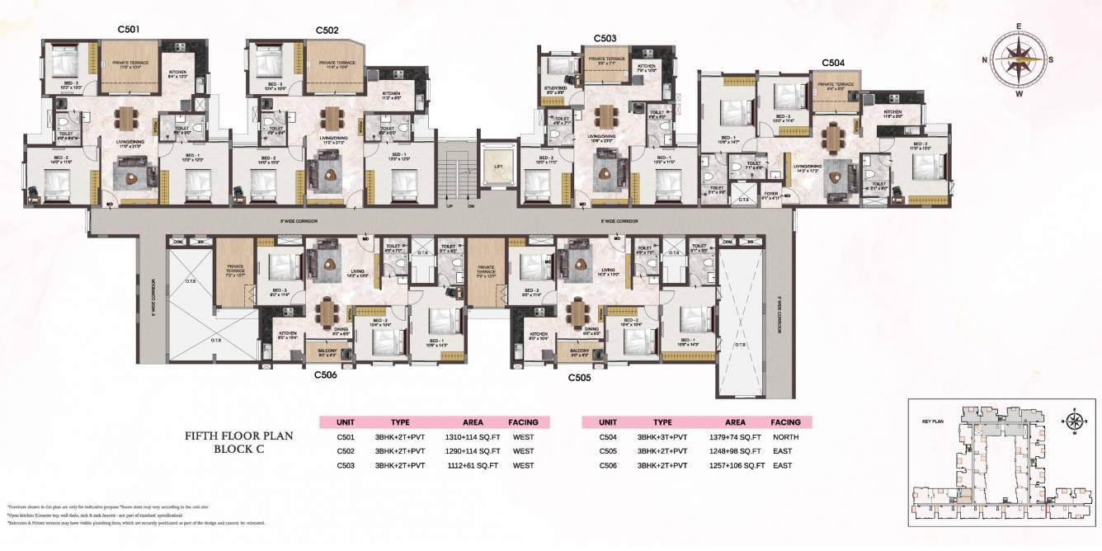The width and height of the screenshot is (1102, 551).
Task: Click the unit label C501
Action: point(128,30)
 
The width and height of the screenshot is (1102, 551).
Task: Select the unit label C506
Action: point(326,374)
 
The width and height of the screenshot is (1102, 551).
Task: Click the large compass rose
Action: point(1020,60)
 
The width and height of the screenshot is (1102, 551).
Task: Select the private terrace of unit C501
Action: point(128,67)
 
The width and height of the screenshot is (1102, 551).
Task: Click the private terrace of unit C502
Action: point(331,67)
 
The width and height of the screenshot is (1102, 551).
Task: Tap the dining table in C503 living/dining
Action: point(608,115)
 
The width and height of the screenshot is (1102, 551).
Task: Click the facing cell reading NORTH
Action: point(786,437)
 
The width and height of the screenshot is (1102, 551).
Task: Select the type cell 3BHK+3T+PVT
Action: point(662,437)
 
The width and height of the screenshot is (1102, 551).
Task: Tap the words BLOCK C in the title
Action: point(238,450)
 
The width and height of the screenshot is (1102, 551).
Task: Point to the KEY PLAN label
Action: point(931,421)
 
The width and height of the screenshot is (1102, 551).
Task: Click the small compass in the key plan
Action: point(1075,421)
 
